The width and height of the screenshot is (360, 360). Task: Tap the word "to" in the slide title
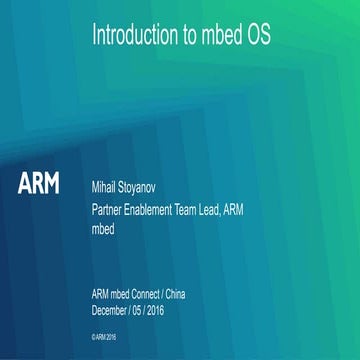pyautogui.click(x=187, y=37)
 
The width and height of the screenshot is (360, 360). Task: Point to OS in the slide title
pyautogui.click(x=258, y=37)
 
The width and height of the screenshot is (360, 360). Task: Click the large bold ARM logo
pyautogui.click(x=39, y=186)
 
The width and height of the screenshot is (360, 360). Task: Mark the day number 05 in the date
pyautogui.click(x=150, y=310)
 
